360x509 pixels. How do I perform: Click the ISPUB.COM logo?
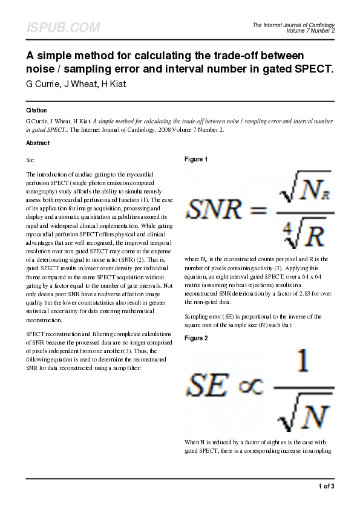[63, 28]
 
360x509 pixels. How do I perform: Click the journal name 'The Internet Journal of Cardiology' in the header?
[293, 25]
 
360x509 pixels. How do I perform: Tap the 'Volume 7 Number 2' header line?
[311, 31]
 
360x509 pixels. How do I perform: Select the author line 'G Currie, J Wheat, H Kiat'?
[76, 83]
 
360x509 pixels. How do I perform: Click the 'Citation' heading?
[36, 111]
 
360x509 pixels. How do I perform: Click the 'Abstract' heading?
[38, 143]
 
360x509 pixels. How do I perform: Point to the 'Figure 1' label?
[196, 160]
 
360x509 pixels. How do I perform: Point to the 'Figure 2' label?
[196, 338]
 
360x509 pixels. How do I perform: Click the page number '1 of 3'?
[326, 486]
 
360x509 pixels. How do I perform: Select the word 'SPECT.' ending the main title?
[313, 69]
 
